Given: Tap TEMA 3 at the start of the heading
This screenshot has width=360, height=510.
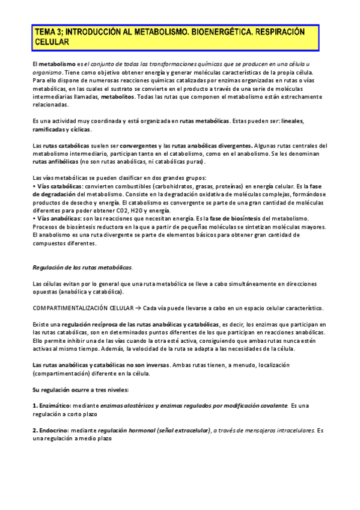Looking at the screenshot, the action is tap(48, 32).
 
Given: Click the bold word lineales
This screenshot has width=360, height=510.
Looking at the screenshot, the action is tap(293, 121).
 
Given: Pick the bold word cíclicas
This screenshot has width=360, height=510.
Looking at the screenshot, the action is tap(79, 129).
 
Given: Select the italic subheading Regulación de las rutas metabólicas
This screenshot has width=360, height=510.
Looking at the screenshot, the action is tap(82, 267).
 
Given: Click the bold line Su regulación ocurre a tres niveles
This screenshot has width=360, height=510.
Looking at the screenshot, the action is tap(80, 390).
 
